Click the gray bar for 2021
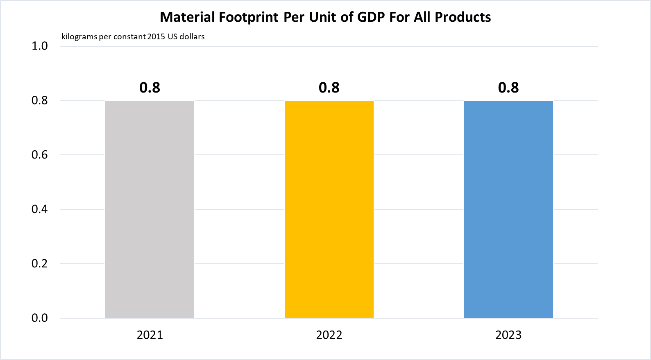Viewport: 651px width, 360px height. (x=150, y=209)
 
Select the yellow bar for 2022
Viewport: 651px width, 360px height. (x=329, y=209)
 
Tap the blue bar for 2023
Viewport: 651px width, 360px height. (x=508, y=209)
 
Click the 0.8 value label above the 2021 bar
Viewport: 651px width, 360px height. (x=150, y=88)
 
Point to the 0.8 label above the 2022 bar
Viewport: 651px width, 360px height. (x=329, y=88)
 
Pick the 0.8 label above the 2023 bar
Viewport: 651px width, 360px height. (x=508, y=88)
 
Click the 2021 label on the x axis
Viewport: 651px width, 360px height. (x=150, y=335)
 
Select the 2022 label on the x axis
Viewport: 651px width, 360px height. (x=329, y=335)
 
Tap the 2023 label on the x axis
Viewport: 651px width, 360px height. (x=508, y=335)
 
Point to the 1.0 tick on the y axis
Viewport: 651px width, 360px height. (x=40, y=46)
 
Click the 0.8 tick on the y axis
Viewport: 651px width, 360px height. (x=40, y=100)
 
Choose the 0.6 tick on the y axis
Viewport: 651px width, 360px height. (x=40, y=155)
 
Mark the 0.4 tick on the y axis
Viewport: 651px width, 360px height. (x=40, y=209)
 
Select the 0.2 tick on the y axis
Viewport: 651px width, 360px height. (x=40, y=264)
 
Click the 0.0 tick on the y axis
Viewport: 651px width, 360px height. (x=40, y=318)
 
